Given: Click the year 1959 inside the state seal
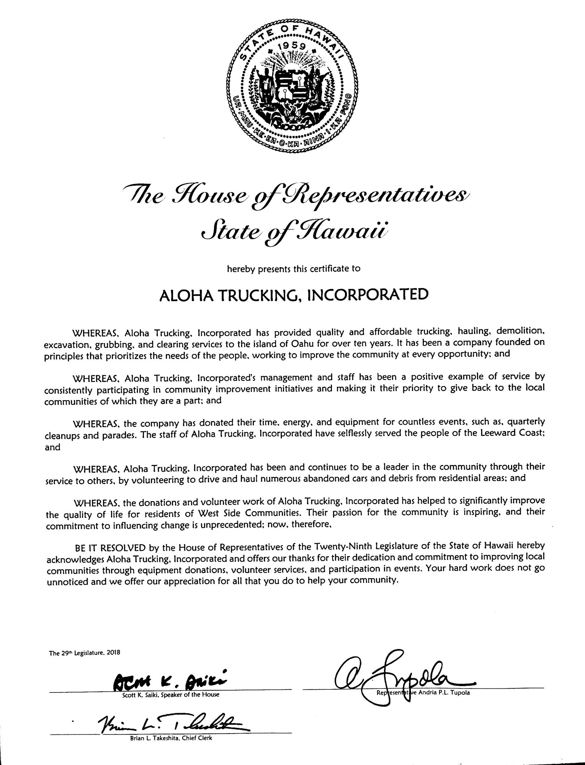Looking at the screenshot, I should [x=293, y=46].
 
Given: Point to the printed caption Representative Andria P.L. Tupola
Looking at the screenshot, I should [x=422, y=693].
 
